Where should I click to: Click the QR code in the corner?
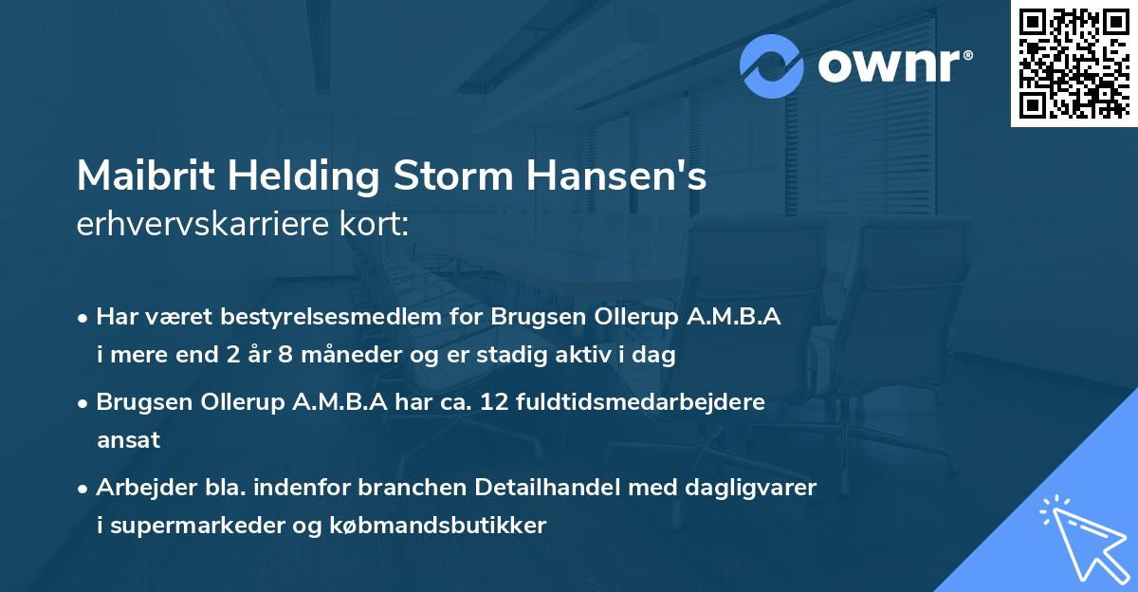coord(1073,63)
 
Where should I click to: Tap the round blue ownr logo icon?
coord(772,65)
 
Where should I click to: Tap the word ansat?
coord(128,440)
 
